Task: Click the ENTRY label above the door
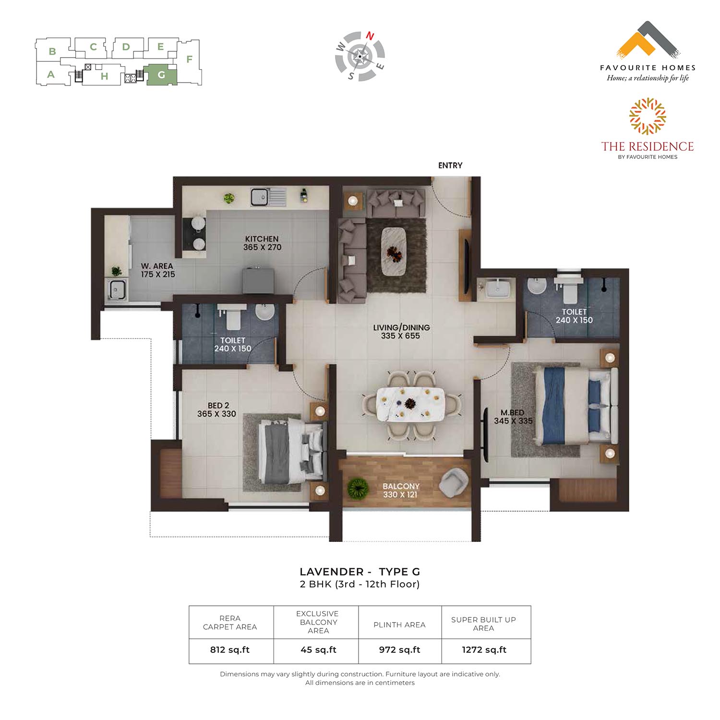[x=450, y=166]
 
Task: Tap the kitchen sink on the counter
[x=267, y=197]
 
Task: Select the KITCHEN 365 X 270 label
[x=262, y=243]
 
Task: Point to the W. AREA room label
[x=158, y=270]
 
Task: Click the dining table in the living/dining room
[x=410, y=404]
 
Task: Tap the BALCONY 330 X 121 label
[x=401, y=491]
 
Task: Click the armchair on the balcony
[x=454, y=482]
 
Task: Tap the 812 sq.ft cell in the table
[x=230, y=650]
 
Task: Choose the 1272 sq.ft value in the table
[x=484, y=650]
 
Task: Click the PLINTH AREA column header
[x=399, y=624]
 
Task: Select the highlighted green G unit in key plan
[x=161, y=75]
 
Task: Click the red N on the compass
[x=370, y=36]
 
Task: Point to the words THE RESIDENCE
[x=648, y=146]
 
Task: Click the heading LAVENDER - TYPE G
[x=360, y=572]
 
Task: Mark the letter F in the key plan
[x=190, y=60]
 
